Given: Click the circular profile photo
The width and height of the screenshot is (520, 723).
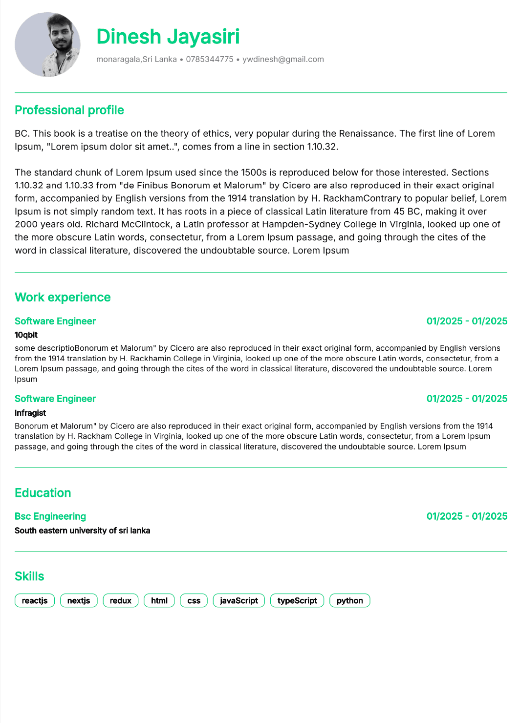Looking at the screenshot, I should coord(47,44).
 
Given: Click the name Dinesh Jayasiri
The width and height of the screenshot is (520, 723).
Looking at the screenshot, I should coord(168,37).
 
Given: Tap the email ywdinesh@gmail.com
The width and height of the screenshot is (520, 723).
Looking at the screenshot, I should coord(283,59).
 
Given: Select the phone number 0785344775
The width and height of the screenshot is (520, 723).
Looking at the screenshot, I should coord(210,59).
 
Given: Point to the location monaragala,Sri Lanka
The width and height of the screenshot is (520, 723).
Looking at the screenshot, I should coord(136,59).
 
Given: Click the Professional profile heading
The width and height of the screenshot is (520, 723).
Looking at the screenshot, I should coord(69,110).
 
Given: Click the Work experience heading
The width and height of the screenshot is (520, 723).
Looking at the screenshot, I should coord(63,297).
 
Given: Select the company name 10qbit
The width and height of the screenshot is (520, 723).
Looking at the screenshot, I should coord(26,335).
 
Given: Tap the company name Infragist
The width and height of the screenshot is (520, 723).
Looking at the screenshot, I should coord(30,413).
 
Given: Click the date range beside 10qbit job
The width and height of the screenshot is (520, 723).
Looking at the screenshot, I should coord(467,321).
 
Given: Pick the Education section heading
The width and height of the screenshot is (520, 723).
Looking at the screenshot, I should coord(43,492).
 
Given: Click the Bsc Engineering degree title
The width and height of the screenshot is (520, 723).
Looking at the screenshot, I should coord(50,516).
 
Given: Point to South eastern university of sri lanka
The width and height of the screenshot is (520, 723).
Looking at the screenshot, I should coord(83,531).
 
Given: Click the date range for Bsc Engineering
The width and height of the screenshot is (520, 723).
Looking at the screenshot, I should coord(467,516).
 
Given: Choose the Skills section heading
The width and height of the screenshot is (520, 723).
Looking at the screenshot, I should coord(29,576).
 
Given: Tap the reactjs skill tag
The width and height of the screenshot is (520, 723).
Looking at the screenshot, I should coord(35,600).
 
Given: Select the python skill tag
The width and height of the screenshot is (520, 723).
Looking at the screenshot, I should coord(350,600).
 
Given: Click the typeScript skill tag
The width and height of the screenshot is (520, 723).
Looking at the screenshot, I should coord(297,600).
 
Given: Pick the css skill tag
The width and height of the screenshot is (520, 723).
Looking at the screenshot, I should coord(194,600).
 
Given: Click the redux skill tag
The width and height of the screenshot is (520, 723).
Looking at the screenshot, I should coord(121,600).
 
